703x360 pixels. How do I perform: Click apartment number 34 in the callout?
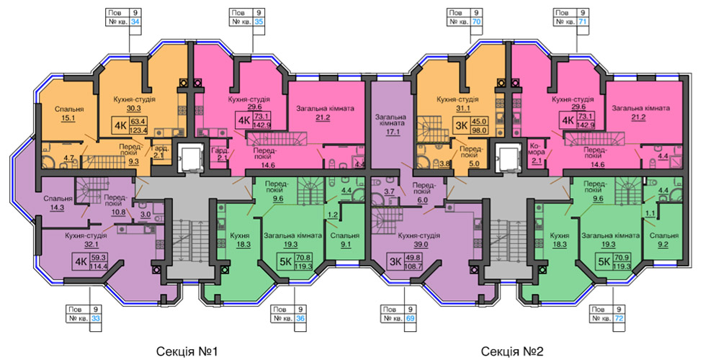135,22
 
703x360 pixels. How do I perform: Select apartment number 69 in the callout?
410,318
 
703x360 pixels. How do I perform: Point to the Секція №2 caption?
512,351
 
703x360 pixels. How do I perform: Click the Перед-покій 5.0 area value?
473,165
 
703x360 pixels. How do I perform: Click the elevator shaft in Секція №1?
189,158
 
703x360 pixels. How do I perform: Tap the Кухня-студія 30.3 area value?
134,108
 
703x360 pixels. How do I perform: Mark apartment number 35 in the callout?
259,22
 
